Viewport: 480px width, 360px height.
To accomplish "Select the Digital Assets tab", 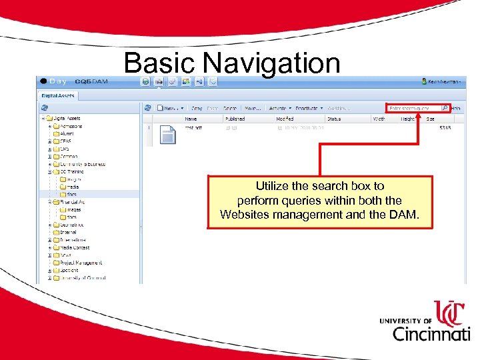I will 59,95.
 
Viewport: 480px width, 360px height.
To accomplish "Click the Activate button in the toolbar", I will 279,108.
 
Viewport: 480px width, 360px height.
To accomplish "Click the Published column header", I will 235,119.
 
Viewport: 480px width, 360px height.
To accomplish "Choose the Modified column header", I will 285,119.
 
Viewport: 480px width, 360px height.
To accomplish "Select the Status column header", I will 334,119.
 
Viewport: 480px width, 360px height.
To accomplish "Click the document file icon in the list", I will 168,135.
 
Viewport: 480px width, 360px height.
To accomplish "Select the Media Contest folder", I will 74,247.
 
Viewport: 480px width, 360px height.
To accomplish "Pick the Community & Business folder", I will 82,164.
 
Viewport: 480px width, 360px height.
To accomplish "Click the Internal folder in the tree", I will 68,232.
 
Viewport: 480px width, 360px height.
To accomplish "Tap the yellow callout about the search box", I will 319,201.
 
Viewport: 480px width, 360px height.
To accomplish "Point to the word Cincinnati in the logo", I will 430,333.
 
